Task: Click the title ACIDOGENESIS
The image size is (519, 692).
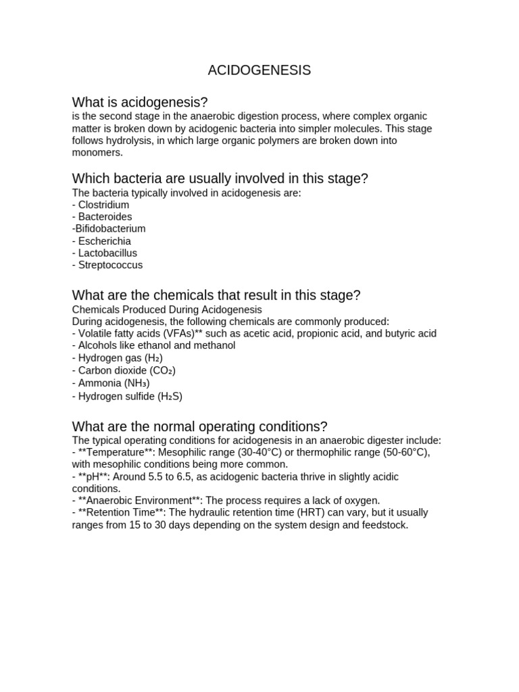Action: point(259,70)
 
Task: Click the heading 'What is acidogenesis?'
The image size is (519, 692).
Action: point(140,102)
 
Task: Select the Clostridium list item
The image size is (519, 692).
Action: point(103,205)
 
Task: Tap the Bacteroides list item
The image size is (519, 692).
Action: point(105,217)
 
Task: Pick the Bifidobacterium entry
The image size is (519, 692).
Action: point(109,229)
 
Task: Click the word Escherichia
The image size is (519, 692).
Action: point(105,241)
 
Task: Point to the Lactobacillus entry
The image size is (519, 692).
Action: point(107,253)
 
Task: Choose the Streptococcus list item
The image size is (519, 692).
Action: point(110,265)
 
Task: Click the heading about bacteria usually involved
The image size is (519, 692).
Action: point(220,178)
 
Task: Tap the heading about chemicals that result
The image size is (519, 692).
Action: point(216,295)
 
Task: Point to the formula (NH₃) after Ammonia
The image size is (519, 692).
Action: point(137,383)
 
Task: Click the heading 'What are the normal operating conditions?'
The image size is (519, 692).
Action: point(199,426)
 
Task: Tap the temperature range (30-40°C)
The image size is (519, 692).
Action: point(262,452)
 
